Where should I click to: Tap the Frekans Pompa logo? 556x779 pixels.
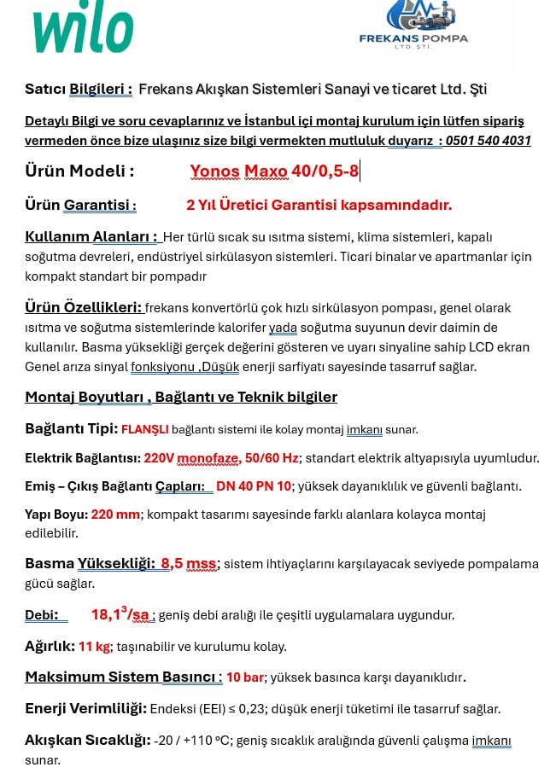[x=413, y=26]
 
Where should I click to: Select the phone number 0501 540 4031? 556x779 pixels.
[x=488, y=141]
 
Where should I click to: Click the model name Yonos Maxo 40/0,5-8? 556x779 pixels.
[x=274, y=171]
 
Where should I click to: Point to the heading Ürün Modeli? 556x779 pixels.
[x=79, y=171]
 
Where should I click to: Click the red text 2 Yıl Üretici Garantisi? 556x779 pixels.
[x=319, y=205]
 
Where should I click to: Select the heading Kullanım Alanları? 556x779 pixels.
[x=91, y=236]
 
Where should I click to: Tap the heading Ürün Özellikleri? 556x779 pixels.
[x=83, y=308]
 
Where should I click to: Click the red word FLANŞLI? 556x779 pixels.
[x=144, y=430]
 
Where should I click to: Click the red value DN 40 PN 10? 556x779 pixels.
[x=254, y=486]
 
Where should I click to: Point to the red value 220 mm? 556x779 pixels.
[x=115, y=514]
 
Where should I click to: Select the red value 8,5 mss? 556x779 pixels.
[x=188, y=564]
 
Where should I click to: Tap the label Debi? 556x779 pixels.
[x=41, y=615]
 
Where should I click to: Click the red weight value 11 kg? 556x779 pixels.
[x=94, y=647]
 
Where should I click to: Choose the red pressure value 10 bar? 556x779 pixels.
[x=245, y=677]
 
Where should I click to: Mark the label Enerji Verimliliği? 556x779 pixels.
[x=85, y=708]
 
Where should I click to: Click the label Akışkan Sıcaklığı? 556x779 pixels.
[x=88, y=740]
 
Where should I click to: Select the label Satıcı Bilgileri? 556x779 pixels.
[x=79, y=89]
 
